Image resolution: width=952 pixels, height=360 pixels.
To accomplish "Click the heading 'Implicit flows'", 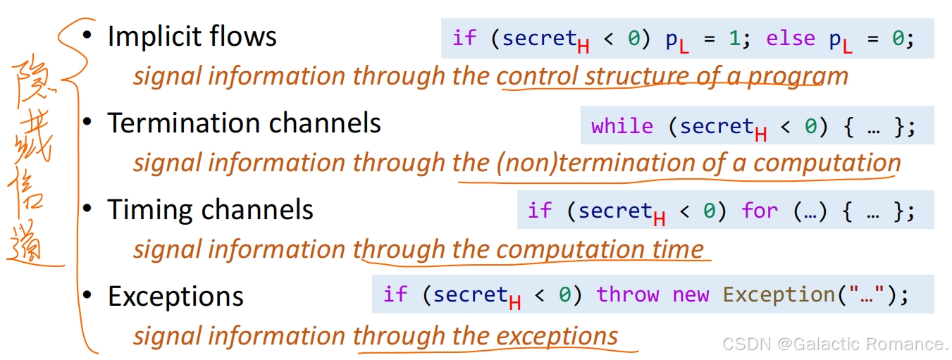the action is click(x=192, y=37).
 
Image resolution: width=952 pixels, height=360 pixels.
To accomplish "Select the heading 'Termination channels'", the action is click(x=244, y=124).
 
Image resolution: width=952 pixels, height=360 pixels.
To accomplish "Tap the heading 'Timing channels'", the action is click(x=210, y=210).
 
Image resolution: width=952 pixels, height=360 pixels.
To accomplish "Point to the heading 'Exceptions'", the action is click(x=175, y=297).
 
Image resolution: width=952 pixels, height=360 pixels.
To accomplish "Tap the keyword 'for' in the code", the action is click(x=760, y=211).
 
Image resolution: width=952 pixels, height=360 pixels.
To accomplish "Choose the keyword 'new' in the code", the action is click(x=691, y=294).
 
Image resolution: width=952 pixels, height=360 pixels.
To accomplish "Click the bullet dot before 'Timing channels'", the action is click(x=87, y=209).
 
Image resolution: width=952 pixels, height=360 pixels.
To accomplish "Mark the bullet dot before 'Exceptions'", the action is click(x=87, y=295).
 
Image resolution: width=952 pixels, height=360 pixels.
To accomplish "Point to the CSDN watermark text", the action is click(x=834, y=344).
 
